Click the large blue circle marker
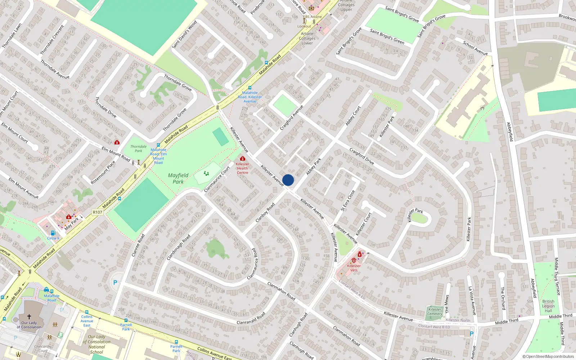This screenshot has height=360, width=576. (288, 180)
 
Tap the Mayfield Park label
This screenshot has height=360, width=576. (178, 178)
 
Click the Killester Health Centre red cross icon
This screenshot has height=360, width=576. (243, 159)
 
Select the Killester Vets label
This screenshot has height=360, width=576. (354, 268)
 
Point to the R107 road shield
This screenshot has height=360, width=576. (98, 212)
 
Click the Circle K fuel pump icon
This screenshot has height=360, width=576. (53, 233)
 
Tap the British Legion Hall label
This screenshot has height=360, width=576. (548, 306)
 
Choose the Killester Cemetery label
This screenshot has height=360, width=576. (435, 311)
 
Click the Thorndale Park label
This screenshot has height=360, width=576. (139, 149)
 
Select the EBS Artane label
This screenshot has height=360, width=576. (312, 17)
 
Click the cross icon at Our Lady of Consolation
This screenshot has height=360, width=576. (29, 317)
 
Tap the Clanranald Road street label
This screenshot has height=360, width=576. (251, 318)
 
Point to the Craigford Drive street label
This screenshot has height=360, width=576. (362, 156)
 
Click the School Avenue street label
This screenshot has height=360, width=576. (475, 48)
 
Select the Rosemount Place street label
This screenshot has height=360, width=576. (103, 172)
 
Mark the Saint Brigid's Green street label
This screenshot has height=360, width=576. (387, 36)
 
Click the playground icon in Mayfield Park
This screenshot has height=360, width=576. (206, 174)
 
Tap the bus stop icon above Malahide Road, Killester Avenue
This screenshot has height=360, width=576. (250, 88)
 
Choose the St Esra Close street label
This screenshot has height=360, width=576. (348, 201)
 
